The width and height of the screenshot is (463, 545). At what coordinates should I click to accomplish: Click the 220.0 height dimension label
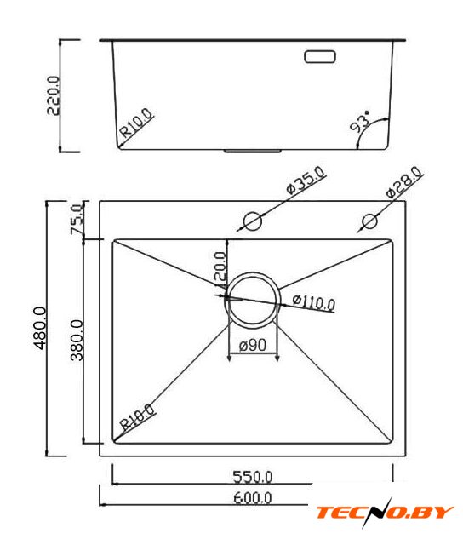(x=53, y=95)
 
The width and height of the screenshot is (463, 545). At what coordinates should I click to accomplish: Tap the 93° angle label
(x=360, y=122)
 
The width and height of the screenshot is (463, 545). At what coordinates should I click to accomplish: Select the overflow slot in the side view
(x=320, y=57)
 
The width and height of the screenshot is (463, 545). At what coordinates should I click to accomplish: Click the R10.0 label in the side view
(x=136, y=123)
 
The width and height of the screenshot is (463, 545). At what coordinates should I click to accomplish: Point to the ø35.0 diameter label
(x=306, y=180)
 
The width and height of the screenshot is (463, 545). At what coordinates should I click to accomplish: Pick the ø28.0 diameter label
(x=404, y=182)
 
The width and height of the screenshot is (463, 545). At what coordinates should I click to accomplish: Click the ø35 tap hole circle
(x=252, y=221)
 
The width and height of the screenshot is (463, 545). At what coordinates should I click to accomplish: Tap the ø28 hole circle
(x=369, y=221)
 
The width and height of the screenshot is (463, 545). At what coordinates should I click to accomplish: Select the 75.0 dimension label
(x=77, y=220)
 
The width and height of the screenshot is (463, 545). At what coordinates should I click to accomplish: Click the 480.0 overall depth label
(x=40, y=328)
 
